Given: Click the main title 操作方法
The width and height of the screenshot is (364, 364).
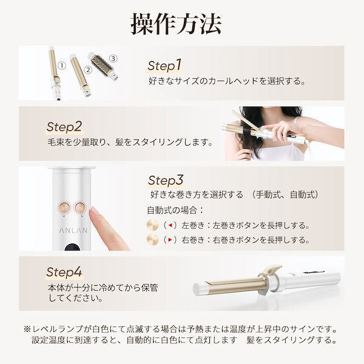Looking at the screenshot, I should pos(177,22).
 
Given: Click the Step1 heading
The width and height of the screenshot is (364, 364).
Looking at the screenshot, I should pos(165,65).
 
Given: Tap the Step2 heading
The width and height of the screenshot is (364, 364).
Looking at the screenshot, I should pos(64,127).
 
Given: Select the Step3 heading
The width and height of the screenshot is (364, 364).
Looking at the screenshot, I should pos(166,180).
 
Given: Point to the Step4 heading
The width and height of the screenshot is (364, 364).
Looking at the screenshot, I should pos(64,272).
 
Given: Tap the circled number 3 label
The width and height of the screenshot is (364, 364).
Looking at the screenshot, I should pos(113,59).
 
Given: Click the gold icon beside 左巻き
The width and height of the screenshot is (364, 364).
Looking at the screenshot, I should pos(153,225).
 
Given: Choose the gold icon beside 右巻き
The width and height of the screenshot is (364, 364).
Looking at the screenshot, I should pos(153,240).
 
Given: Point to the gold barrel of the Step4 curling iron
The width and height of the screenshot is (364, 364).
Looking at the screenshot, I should pos(237,283).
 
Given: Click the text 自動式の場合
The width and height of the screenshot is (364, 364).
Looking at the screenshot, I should pos(175,210).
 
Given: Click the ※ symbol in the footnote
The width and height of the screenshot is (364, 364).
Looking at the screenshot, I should pos(27,328).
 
